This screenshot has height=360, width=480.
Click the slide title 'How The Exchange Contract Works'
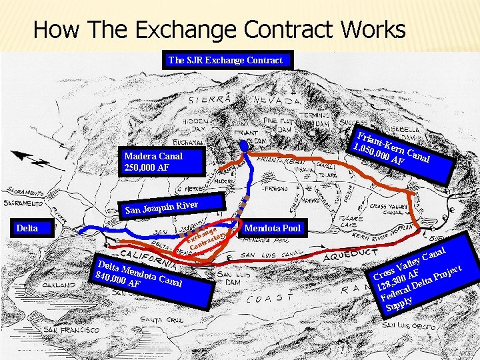click(x=219, y=29)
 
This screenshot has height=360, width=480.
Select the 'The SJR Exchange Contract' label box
click(x=225, y=60)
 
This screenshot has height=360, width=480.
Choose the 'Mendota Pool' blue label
click(x=273, y=228)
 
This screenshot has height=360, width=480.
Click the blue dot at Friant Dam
click(x=244, y=145)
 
